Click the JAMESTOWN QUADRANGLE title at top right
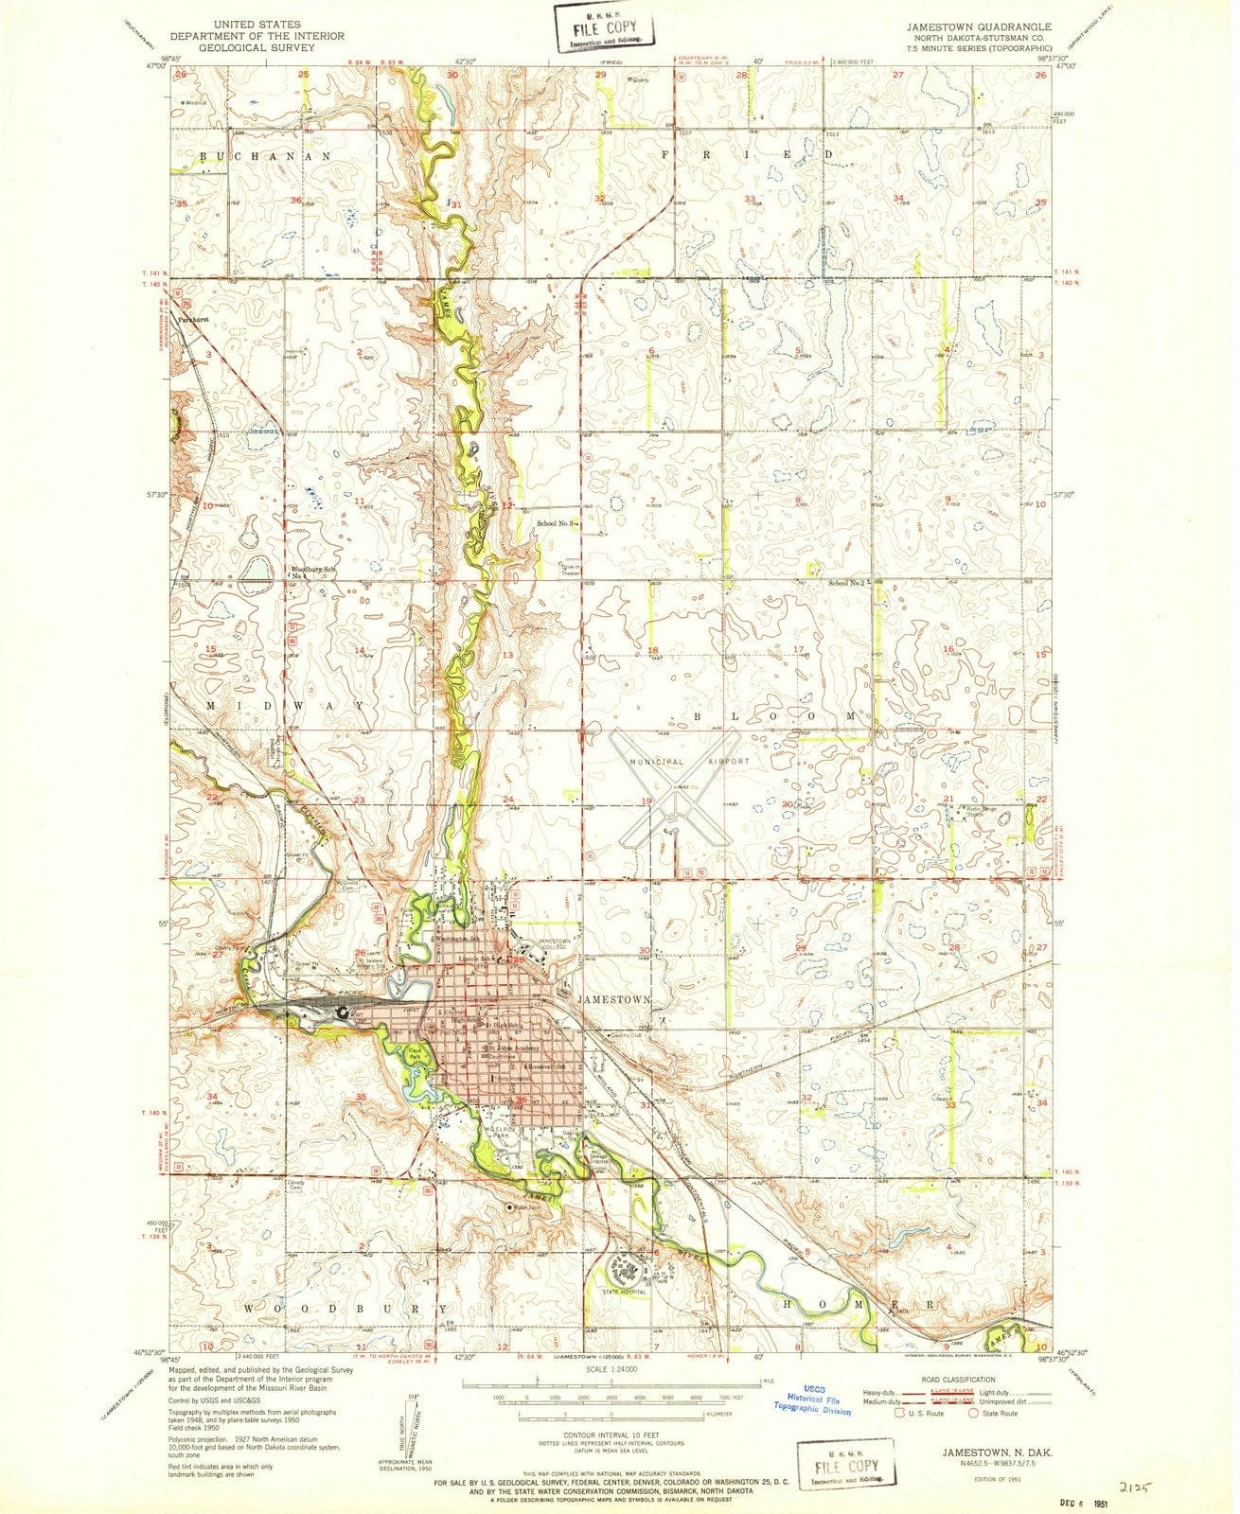coord(986,26)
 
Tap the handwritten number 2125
coord(1141,1460)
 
